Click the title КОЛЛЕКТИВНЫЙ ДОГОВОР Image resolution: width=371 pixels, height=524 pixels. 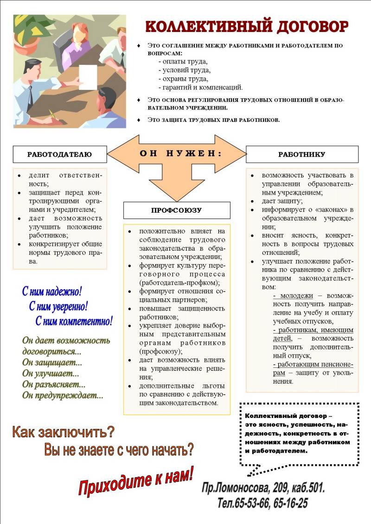(247, 26)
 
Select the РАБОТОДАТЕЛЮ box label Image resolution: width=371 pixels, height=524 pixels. (59, 154)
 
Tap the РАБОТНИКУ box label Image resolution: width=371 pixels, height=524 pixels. (301, 154)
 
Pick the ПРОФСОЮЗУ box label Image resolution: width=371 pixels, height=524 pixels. (176, 210)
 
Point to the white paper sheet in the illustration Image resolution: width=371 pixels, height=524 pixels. (88, 76)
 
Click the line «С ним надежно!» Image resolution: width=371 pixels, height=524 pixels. (52, 291)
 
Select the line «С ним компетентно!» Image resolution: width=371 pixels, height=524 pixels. (74, 321)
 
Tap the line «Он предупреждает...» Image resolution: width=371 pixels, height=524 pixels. (63, 395)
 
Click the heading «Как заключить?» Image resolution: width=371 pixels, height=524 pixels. (63, 432)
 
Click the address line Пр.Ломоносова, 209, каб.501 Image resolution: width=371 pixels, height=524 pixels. (263, 488)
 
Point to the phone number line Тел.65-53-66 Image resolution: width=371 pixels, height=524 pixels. (262, 503)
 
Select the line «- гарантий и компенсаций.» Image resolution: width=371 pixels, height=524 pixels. (200, 87)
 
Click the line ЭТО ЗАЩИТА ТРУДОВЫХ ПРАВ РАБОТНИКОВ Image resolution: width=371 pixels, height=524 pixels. (214, 120)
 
